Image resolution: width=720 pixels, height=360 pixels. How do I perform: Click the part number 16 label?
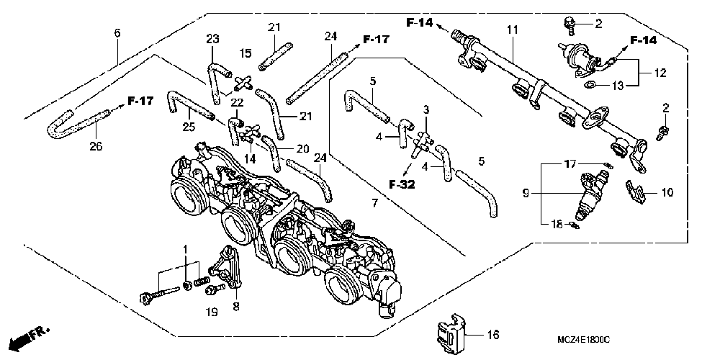click(492, 335)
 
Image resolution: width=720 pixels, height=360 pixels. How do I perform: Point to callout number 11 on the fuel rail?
click(512, 30)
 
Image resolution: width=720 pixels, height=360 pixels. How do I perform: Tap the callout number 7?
click(374, 204)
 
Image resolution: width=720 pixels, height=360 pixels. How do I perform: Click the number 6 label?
click(117, 32)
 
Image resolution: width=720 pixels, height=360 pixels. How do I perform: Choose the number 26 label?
click(96, 147)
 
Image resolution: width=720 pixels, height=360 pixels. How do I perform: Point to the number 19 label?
click(210, 312)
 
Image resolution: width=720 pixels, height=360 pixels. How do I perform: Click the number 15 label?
click(245, 53)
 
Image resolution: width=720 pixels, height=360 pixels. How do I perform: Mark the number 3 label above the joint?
click(426, 109)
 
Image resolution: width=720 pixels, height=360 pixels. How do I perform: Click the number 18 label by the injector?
click(555, 225)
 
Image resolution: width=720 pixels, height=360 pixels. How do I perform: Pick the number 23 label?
click(212, 39)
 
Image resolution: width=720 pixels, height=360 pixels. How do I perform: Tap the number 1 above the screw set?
click(185, 248)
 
